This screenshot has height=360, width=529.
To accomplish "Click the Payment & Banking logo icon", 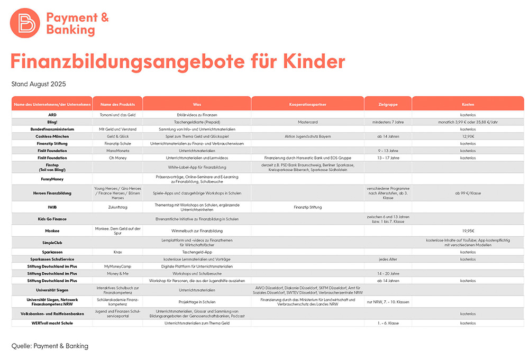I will (25, 22).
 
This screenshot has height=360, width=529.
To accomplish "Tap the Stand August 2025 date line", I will (39, 84).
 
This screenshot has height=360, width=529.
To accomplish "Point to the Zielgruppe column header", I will (388, 104).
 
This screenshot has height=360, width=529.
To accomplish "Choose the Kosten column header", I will (468, 104).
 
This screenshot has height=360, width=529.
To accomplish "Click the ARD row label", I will (52, 114).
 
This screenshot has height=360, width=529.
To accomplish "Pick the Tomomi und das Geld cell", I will (117, 114).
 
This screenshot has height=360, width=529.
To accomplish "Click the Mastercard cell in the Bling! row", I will (307, 122).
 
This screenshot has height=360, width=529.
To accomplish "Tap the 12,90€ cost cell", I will (468, 136).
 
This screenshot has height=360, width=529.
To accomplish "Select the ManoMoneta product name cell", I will (117, 151).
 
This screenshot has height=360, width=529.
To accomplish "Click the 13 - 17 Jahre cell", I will (388, 158).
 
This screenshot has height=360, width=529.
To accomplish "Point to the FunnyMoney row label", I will (52, 179).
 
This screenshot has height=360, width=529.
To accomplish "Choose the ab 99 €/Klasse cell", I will (468, 193).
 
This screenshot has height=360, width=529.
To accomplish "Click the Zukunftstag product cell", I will (117, 207).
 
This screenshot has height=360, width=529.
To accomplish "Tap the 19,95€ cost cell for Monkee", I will (468, 231).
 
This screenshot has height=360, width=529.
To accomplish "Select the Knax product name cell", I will (117, 252).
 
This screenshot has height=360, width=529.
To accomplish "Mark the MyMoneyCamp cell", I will (117, 266).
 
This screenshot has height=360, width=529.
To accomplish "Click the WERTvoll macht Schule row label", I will (52, 323).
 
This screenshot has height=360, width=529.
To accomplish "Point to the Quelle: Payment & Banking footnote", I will (50, 346).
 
